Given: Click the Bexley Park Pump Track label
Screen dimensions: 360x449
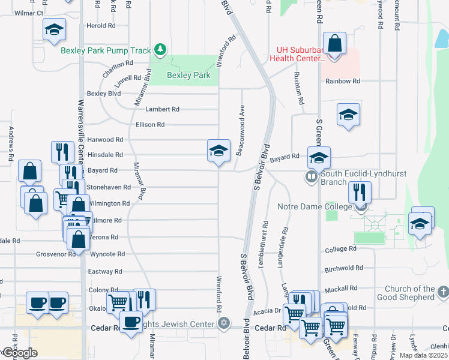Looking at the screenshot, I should tap(106, 50).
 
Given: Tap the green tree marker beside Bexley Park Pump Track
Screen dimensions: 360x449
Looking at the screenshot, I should tap(160, 49).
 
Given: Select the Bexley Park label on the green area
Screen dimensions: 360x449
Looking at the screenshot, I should tap(188, 76).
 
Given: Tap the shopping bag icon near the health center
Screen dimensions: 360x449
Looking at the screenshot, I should tap(335, 44).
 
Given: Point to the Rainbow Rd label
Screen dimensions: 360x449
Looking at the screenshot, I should tap(342, 81).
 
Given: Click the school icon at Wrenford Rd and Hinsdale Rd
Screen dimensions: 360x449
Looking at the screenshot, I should tap(218, 151).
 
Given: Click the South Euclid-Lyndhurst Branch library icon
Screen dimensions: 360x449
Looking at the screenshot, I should tap(311, 176).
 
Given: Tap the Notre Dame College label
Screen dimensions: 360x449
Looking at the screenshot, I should tap(315, 207).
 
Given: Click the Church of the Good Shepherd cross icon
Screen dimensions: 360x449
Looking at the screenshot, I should tap(443, 292).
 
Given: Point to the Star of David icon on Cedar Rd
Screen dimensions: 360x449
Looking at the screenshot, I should tap(224, 324).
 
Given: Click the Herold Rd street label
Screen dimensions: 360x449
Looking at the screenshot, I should tap(101, 26).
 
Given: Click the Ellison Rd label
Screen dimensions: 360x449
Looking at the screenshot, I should tap(150, 125).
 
